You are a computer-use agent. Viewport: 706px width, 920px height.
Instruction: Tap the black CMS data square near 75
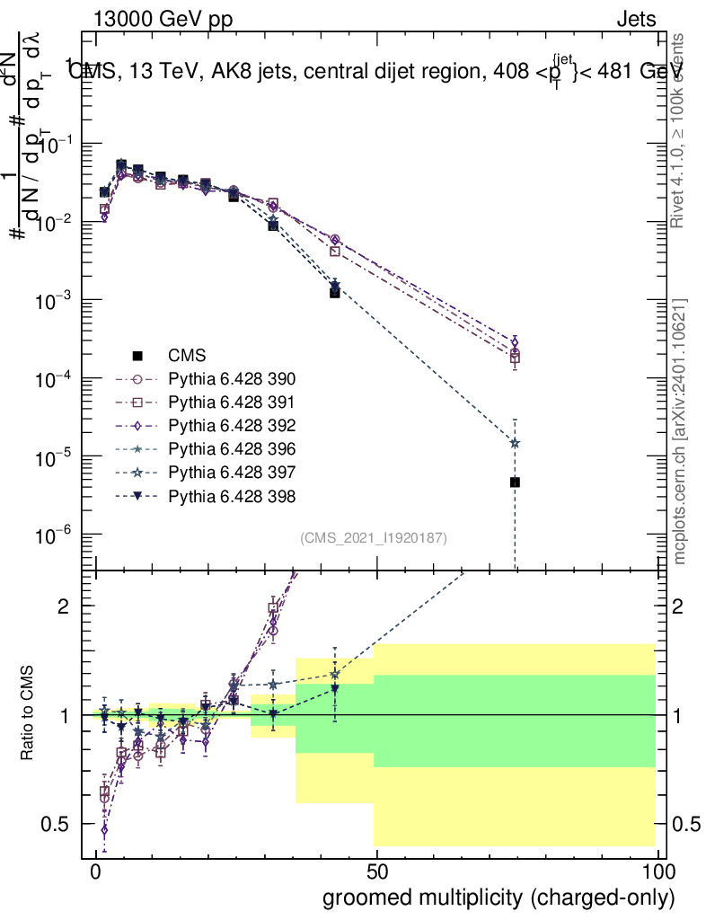point(515,482)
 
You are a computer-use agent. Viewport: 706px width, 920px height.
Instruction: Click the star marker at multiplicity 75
point(515,443)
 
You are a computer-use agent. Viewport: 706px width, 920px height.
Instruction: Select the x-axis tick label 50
point(377,873)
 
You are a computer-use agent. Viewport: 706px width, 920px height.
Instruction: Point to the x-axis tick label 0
point(95,873)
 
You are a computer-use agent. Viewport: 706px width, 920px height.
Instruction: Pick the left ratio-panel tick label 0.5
point(57,824)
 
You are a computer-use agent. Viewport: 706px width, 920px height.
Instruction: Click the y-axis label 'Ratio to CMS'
point(28,714)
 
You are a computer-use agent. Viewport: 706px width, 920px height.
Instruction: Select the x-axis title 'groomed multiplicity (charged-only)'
point(499,898)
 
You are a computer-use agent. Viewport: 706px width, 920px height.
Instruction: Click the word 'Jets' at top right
point(636,19)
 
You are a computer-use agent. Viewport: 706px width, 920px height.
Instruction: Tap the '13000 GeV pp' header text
point(163,19)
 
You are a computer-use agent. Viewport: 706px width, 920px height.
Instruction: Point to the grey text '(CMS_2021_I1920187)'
point(374,537)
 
